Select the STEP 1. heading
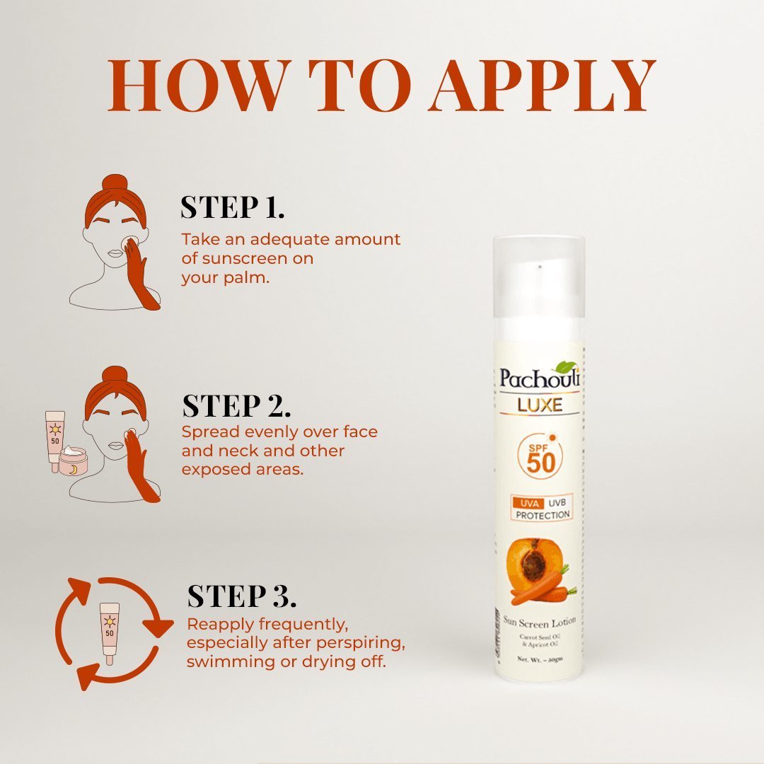(233, 207)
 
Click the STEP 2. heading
(236, 406)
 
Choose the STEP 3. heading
(241, 596)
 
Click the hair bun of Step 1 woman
(115, 185)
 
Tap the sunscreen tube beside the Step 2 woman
(54, 439)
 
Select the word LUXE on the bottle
(539, 405)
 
